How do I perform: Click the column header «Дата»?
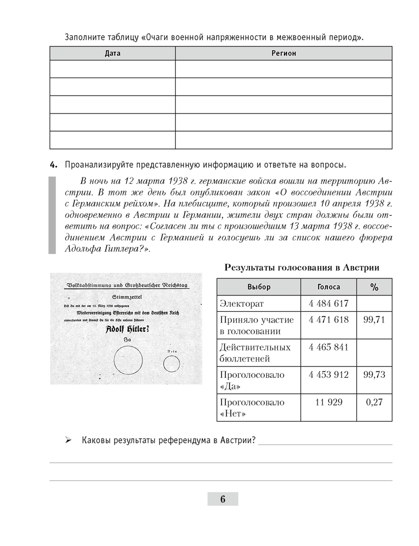pyautogui.click(x=112, y=54)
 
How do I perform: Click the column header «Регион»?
pyautogui.click(x=283, y=54)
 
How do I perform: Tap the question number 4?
pyautogui.click(x=53, y=164)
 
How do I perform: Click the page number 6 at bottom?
pyautogui.click(x=223, y=498)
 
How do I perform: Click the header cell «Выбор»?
pyautogui.click(x=258, y=287)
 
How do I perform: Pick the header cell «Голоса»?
pyautogui.click(x=328, y=287)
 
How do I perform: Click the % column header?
pyautogui.click(x=374, y=287)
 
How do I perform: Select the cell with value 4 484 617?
pyautogui.click(x=328, y=304)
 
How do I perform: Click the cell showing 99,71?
pyautogui.click(x=374, y=320)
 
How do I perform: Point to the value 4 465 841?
pyautogui.click(x=328, y=347)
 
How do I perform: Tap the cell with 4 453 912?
pyautogui.click(x=328, y=375)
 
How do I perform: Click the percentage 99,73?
pyautogui.click(x=374, y=375)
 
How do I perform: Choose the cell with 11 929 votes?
pyautogui.click(x=328, y=402)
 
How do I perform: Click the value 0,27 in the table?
pyautogui.click(x=374, y=402)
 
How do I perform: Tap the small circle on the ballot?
pyautogui.click(x=171, y=363)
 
